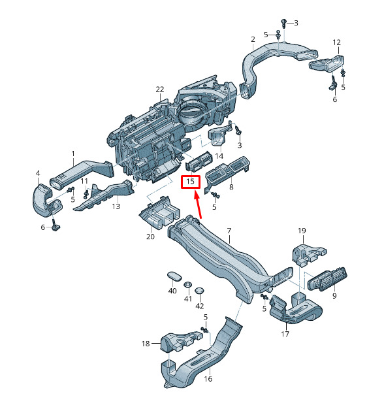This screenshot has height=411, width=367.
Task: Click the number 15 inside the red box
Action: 190,182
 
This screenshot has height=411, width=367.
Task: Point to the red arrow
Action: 198,205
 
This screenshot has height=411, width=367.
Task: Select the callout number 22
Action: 160,90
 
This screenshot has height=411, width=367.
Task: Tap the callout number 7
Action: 229,231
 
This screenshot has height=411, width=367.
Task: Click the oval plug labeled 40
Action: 174,276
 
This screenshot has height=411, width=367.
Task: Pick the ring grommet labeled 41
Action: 187,285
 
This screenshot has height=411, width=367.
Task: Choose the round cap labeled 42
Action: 200,291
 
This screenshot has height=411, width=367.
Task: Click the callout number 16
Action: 208,379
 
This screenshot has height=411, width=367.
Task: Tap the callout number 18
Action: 146,344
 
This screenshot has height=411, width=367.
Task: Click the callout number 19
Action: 302,231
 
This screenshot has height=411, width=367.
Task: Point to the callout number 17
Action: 285,334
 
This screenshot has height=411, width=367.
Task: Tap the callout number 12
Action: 336,42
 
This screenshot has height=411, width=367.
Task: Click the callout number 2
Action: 253,39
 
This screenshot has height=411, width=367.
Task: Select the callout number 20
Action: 150,237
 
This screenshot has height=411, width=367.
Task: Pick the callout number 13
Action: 116,206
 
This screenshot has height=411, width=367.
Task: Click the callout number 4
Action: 38,173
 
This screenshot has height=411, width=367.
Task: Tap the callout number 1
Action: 73,154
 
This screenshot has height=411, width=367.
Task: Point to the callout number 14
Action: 219,156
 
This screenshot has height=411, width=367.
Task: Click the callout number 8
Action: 231,187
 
